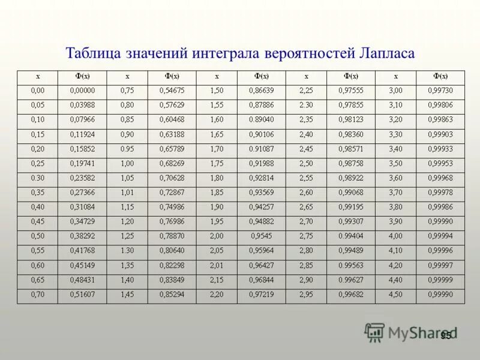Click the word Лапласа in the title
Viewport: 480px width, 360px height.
click(x=387, y=53)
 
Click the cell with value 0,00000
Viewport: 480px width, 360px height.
click(x=82, y=90)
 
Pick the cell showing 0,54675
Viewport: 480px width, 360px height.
click(x=172, y=90)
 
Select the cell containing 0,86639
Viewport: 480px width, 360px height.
click(x=262, y=90)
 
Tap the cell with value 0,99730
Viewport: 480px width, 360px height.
click(x=440, y=90)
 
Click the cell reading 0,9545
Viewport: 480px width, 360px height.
click(x=262, y=236)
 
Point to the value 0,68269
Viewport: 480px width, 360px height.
click(x=172, y=163)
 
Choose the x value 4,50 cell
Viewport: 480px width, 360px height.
click(x=395, y=294)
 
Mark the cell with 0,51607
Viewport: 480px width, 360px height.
click(x=82, y=294)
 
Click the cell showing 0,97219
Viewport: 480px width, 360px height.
click(x=262, y=294)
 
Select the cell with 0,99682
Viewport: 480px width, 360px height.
click(x=350, y=294)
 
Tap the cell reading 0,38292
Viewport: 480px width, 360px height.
click(x=82, y=236)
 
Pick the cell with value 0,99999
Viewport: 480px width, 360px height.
click(x=440, y=280)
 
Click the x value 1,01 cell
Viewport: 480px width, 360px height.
click(x=127, y=192)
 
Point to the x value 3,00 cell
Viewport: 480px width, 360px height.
click(x=395, y=90)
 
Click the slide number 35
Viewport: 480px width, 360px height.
click(x=445, y=336)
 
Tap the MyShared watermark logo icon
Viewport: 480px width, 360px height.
click(x=374, y=332)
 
